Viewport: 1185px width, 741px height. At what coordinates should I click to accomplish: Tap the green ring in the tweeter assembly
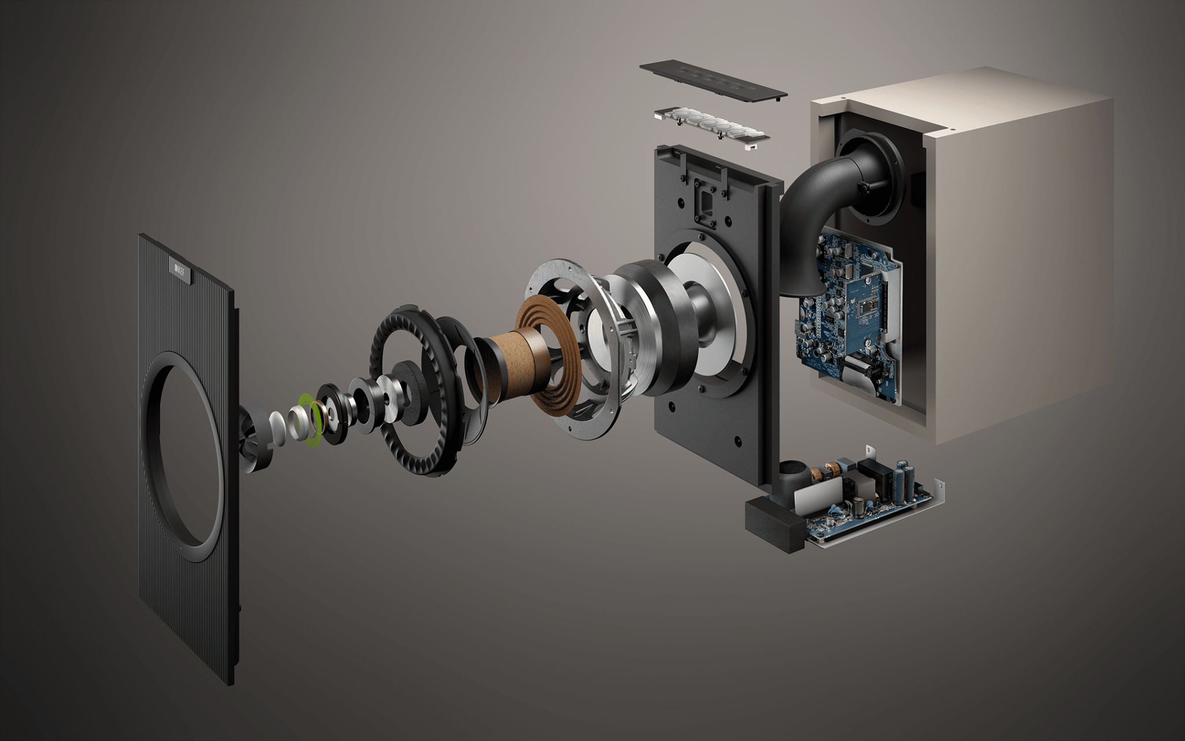[x=308, y=421]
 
